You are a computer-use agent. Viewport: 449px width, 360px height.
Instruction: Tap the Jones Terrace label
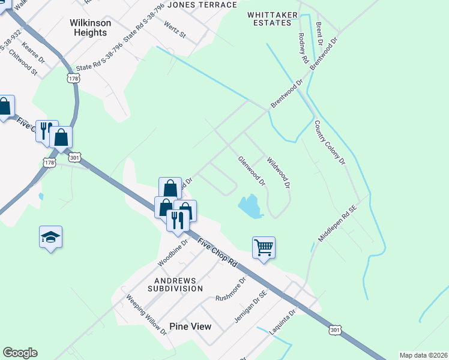(202, 5)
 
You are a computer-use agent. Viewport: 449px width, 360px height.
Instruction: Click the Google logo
(20, 352)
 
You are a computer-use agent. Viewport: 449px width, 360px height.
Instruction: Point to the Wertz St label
(175, 29)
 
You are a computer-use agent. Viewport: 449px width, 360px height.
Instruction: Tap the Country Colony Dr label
(330, 143)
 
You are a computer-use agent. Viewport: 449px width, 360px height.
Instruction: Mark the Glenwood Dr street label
(252, 170)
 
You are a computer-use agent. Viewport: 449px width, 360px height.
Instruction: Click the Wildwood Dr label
(279, 173)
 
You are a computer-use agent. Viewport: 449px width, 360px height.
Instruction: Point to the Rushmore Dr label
(231, 289)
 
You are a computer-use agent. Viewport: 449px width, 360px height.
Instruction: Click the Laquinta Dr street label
(283, 322)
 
